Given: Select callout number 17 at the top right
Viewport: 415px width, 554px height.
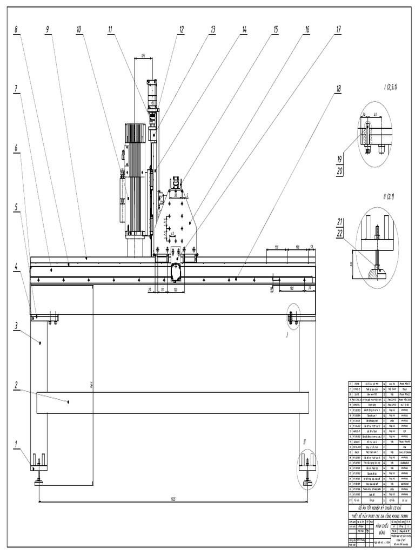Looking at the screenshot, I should coord(338,29).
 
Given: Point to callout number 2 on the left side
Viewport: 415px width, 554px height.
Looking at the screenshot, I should coord(16,385).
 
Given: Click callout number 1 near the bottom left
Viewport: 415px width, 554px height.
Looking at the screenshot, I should coord(16,444).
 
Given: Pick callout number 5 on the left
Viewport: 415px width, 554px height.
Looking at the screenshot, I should coord(16,206).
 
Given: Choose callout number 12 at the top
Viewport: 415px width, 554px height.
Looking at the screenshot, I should coord(182,29).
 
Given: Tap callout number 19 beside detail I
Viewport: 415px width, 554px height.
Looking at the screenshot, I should coord(340,159).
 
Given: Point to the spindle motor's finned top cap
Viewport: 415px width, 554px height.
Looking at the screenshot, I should coord(136,133).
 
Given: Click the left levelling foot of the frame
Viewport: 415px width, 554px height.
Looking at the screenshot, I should coord(39,479).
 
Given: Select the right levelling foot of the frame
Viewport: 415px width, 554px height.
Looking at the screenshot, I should coord(307,479).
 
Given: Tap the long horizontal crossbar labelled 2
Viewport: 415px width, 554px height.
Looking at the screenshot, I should coord(173,403).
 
